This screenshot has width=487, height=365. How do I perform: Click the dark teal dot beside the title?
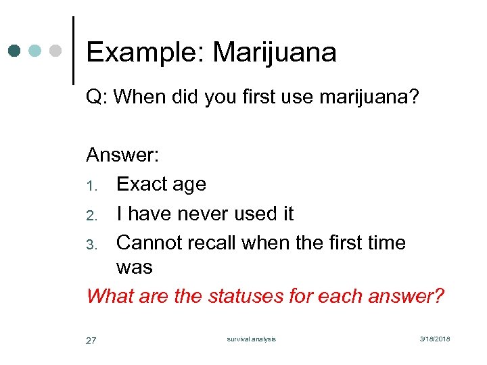pyautogui.click(x=16, y=51)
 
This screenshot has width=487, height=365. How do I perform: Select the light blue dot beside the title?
pyautogui.click(x=36, y=51)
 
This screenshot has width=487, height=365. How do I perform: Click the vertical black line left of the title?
pyautogui.click(x=73, y=50)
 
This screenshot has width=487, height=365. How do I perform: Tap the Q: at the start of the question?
pyautogui.click(x=97, y=97)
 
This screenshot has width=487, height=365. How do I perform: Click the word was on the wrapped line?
pyautogui.click(x=134, y=268)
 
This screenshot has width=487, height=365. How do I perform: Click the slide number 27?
pyautogui.click(x=91, y=341)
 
